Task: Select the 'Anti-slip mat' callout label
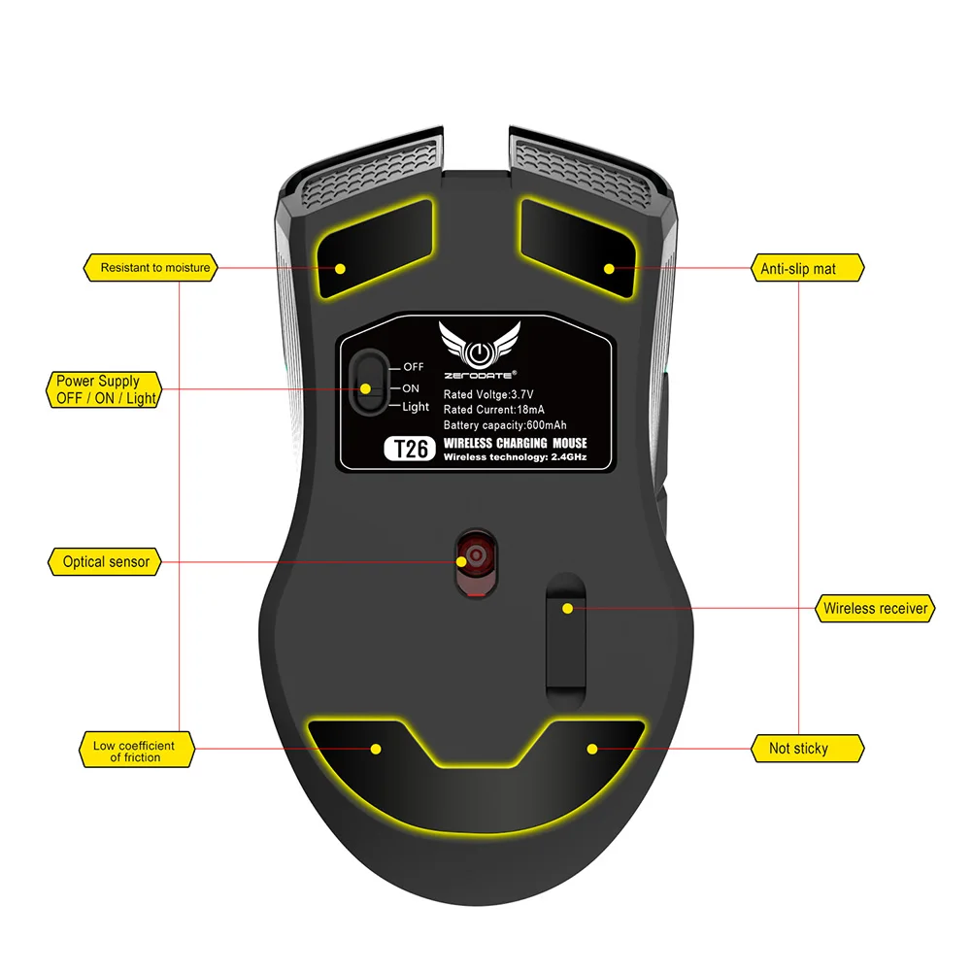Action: tap(797, 268)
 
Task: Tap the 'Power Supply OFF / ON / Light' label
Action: tap(103, 390)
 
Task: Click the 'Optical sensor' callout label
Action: tap(106, 561)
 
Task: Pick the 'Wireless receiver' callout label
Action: tap(876, 609)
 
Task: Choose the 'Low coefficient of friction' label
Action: tap(135, 751)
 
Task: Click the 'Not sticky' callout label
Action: tap(798, 748)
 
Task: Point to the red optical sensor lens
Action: tap(476, 557)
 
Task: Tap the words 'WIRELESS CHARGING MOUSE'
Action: tap(515, 443)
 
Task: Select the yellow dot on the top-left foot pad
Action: tap(340, 269)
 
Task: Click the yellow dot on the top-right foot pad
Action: tap(608, 269)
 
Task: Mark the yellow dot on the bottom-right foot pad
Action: tap(592, 749)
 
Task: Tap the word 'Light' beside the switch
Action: tap(416, 407)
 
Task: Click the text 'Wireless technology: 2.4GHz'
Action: tap(515, 457)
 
